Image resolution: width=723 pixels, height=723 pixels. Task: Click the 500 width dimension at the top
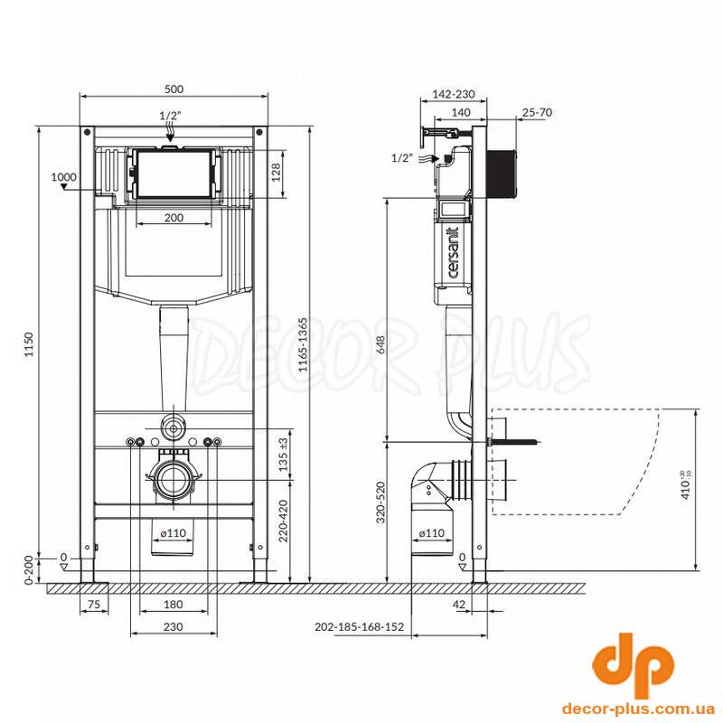click(174, 89)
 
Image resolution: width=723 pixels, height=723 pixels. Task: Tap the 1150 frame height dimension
click(29, 344)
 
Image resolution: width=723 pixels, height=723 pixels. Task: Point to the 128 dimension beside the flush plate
click(276, 173)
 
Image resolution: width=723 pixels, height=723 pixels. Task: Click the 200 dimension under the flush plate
click(174, 218)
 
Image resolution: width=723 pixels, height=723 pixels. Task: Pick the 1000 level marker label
click(63, 177)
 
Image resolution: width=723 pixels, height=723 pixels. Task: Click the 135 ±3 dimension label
click(284, 455)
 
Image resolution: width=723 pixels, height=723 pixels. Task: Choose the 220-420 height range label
click(284, 521)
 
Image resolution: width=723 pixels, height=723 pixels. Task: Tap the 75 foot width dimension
click(94, 604)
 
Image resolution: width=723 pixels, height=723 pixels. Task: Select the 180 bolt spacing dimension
click(174, 604)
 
